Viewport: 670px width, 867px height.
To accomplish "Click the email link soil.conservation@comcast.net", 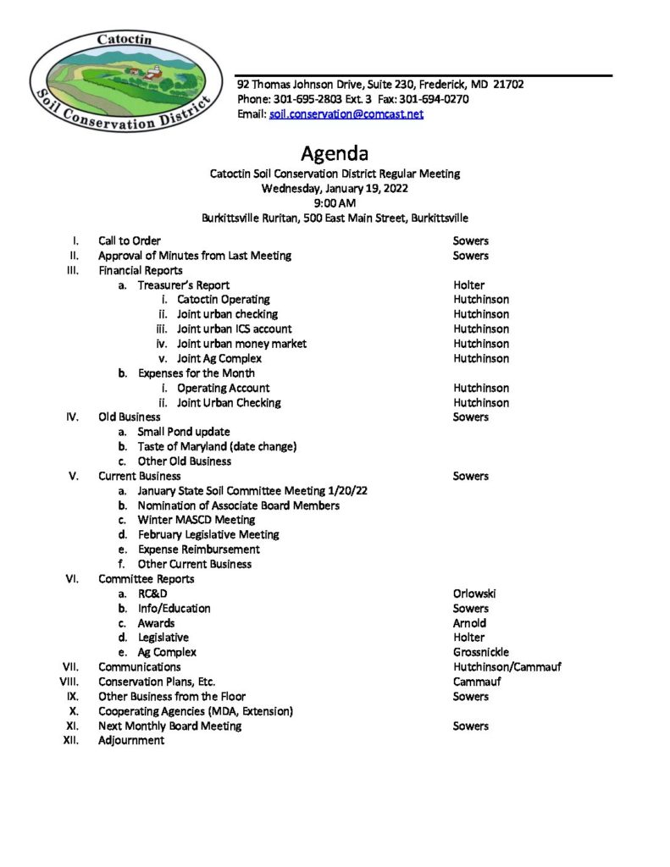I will tap(346, 114).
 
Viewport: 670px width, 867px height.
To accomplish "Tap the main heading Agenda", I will tap(335, 154).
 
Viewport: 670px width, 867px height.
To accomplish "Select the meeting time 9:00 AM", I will tap(335, 203).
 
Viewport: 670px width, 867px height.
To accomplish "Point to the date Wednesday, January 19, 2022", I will tap(335, 188).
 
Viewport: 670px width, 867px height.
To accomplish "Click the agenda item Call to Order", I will tap(130, 241).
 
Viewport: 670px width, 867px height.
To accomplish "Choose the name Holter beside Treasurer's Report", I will tap(468, 285).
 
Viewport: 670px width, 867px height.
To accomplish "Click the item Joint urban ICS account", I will tap(234, 329).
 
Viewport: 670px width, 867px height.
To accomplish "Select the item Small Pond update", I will tap(184, 432).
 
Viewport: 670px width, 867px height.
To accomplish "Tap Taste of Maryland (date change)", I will tap(217, 446).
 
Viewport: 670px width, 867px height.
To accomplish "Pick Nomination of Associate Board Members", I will tap(238, 505).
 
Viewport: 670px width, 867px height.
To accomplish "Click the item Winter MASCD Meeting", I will tap(196, 520).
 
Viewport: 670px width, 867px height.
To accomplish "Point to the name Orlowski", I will tap(475, 594).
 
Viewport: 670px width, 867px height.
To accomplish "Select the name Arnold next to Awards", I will tap(469, 623).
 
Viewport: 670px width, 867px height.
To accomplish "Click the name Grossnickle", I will tap(481, 653).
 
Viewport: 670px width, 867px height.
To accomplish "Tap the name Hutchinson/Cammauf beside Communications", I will tap(507, 667).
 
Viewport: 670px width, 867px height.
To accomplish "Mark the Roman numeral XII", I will tap(71, 741).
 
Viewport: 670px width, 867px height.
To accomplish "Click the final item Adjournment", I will tap(131, 741).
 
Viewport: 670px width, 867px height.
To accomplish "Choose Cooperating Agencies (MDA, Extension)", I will tap(196, 711).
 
